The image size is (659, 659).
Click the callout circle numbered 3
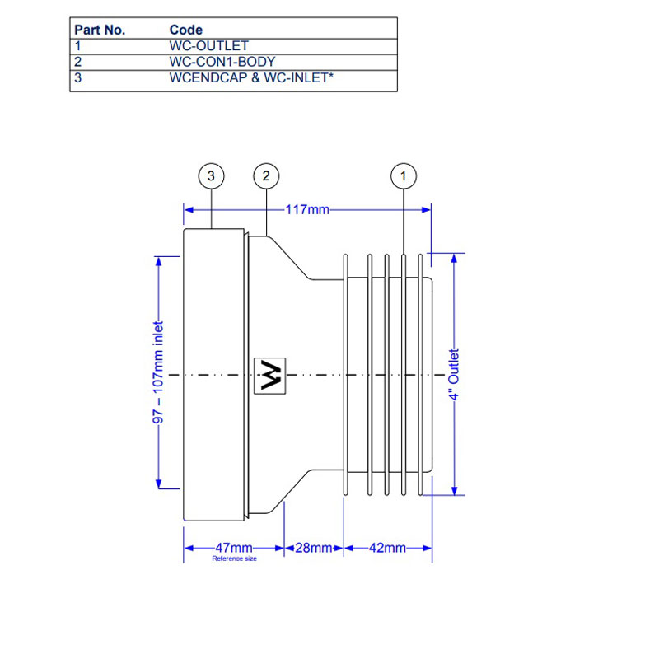[x=212, y=175]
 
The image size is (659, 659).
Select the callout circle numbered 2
[x=265, y=175]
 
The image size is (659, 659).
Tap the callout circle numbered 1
[x=403, y=175]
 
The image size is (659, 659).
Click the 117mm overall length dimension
[x=306, y=209]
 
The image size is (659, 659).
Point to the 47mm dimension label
[x=234, y=548]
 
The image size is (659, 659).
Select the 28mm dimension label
[x=314, y=548]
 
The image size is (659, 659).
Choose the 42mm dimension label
[x=386, y=548]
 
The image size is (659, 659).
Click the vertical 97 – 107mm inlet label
[x=159, y=373]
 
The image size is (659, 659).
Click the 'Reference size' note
[x=234, y=559]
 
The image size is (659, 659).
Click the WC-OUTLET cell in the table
[x=208, y=46]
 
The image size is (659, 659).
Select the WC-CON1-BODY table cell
[x=222, y=62]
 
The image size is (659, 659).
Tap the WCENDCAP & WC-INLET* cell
[x=250, y=78]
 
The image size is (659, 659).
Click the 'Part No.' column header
[x=100, y=30]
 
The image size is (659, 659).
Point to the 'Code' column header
[x=185, y=30]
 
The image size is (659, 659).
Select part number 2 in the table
[x=78, y=62]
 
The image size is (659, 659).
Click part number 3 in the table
[x=78, y=78]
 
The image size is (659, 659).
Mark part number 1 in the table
[x=78, y=46]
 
